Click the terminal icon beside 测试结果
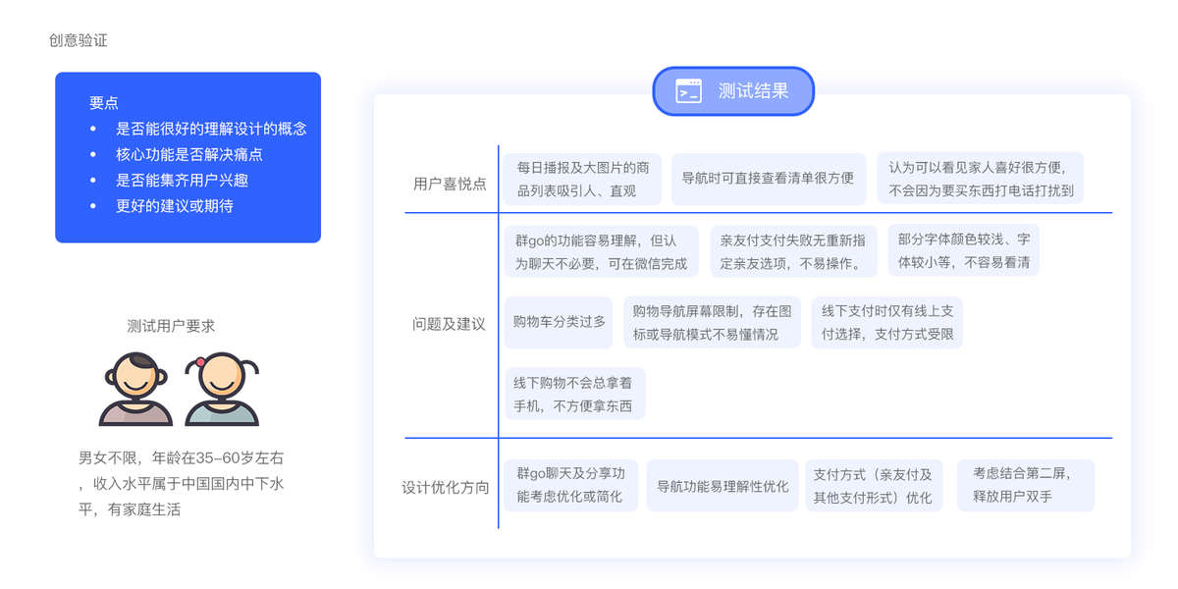pos(688,91)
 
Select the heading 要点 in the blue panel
pos(104,103)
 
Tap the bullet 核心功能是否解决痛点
pos(188,154)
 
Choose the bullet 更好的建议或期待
pos(174,206)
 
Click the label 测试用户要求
pos(171,326)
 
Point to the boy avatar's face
pos(136,377)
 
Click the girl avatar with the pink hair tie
pos(222,387)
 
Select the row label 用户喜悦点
pos(450,184)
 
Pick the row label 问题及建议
pos(449,324)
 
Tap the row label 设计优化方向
pos(446,487)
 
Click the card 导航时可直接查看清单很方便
pos(768,179)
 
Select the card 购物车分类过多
pos(559,322)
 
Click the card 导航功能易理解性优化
pos(723,486)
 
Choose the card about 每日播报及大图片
pos(583,179)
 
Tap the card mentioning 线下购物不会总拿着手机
pos(574,394)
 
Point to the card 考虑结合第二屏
pos(1025,485)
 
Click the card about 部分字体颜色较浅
pos(963,251)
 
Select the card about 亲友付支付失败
pos(792,251)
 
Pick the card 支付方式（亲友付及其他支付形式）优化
pos(874,486)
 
